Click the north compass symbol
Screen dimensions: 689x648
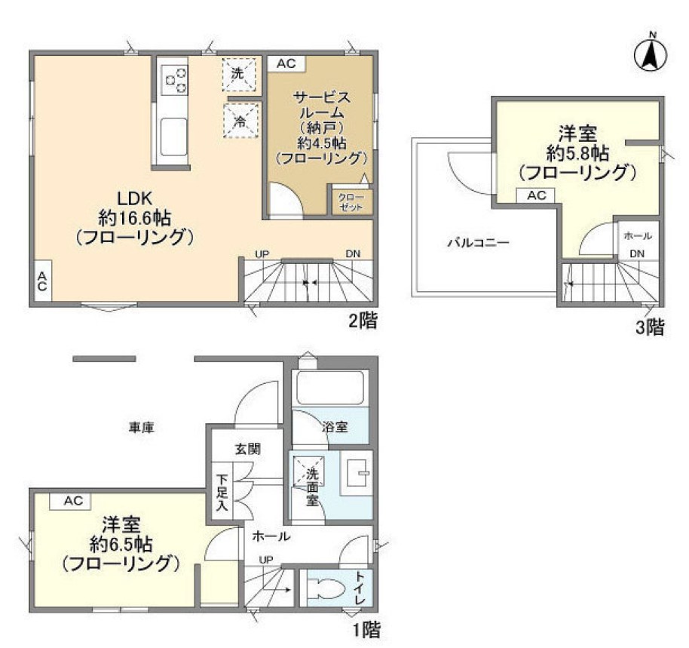[651, 55]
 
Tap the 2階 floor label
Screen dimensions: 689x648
[363, 321]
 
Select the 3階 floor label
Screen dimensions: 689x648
[651, 327]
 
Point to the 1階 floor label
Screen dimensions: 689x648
[366, 631]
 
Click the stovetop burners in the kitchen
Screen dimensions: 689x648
[174, 79]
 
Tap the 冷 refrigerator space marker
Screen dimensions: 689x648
[240, 121]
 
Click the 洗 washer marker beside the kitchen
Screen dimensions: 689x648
[238, 74]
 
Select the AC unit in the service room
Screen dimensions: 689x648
[286, 64]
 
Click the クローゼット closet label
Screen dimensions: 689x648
[351, 201]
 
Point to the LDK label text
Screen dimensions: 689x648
[134, 198]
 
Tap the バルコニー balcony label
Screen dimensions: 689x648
[479, 242]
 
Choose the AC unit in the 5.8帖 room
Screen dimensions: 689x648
[536, 195]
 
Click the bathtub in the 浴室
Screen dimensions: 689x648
[331, 387]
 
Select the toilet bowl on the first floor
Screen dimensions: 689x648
[324, 588]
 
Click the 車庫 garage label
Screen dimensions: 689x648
[142, 427]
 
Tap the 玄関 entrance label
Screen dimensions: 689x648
[248, 449]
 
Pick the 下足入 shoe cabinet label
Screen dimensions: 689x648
[222, 493]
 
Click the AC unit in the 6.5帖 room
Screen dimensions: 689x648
[72, 501]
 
